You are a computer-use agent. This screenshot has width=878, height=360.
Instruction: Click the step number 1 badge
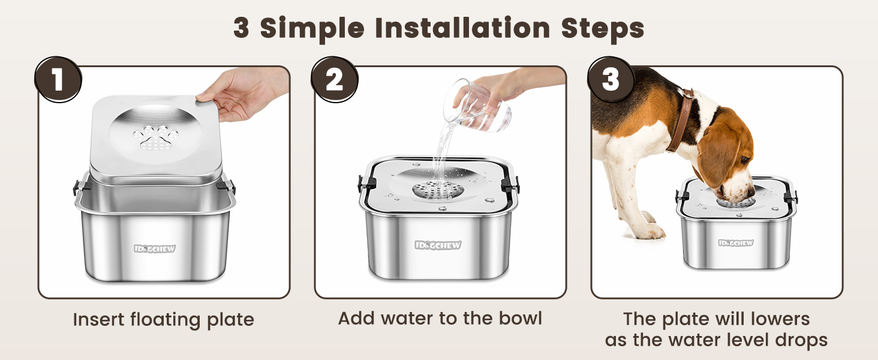pyautogui.click(x=58, y=80)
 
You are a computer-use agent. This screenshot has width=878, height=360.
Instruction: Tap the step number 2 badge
pyautogui.click(x=334, y=80)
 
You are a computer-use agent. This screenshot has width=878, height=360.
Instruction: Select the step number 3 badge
pyautogui.click(x=611, y=80)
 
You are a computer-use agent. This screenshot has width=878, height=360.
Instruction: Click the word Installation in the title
pyautogui.click(x=462, y=28)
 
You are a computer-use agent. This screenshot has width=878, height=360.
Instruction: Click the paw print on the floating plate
pyautogui.click(x=155, y=138)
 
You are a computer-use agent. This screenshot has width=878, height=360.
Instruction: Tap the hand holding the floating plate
pyautogui.click(x=242, y=94)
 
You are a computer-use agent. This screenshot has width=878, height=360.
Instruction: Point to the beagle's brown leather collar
pyautogui.click(x=681, y=119)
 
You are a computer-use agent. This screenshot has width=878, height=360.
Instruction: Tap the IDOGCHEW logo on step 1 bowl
pyautogui.click(x=155, y=249)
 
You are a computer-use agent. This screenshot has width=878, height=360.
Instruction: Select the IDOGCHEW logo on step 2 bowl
pyautogui.click(x=438, y=245)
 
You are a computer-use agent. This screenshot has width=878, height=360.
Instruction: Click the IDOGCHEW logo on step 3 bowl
pyautogui.click(x=736, y=243)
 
